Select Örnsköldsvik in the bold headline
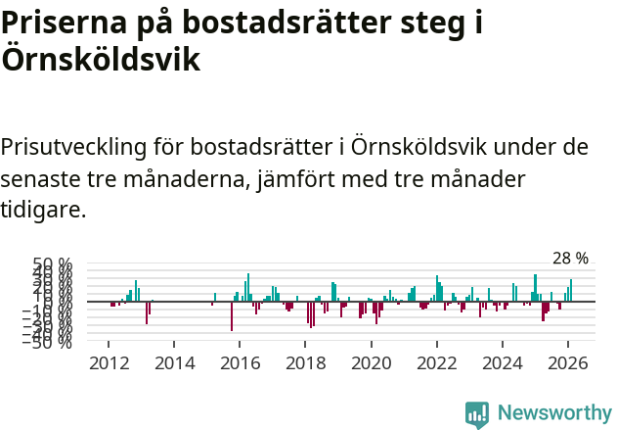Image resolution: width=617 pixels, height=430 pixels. (x=101, y=60)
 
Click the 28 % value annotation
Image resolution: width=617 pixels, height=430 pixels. (x=570, y=259)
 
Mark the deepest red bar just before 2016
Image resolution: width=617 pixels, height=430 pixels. (x=232, y=316)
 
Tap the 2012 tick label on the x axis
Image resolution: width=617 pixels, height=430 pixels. (x=109, y=363)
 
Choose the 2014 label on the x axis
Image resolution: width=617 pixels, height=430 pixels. (x=174, y=363)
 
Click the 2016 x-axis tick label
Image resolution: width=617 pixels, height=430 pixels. (x=240, y=363)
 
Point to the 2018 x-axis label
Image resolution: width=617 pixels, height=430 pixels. (x=305, y=363)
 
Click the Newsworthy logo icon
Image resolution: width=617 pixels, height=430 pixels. (x=477, y=413)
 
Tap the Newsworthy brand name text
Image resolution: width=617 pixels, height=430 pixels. (x=553, y=413)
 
